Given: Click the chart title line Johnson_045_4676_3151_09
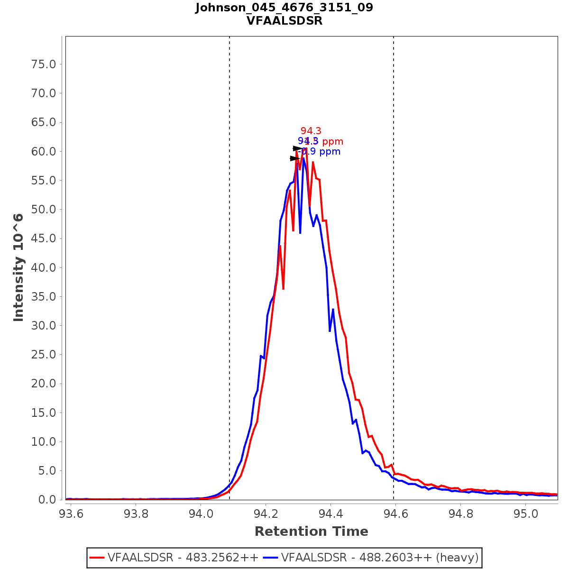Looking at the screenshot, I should [x=284, y=8].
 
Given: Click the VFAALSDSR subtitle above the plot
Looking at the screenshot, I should [x=284, y=21].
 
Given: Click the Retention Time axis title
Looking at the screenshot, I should [x=311, y=532].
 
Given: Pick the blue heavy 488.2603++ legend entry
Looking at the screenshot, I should [x=379, y=557].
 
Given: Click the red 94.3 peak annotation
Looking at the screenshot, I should [x=311, y=131].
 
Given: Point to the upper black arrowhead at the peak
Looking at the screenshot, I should [x=297, y=148].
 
